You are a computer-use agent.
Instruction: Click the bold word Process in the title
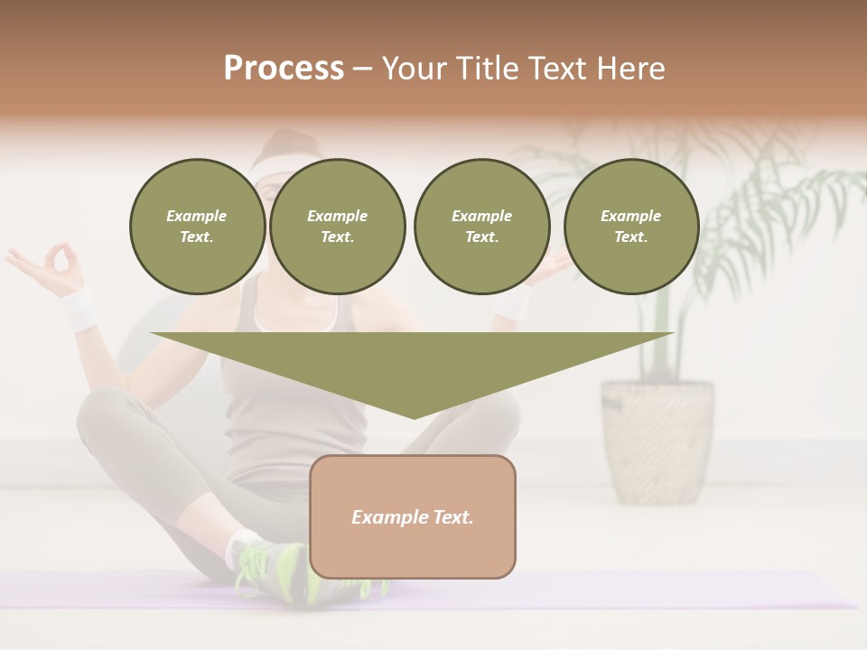284,69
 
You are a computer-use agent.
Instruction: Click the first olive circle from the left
197,227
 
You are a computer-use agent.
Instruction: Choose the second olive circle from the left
337,227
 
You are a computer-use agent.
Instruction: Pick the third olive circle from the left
481,227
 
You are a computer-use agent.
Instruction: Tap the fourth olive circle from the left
630,227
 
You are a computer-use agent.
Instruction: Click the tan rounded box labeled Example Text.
412,516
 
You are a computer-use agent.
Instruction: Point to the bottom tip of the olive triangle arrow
414,417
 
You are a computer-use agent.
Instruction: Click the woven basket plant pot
657,441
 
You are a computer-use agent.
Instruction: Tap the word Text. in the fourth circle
630,237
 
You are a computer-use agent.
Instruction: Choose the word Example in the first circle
197,216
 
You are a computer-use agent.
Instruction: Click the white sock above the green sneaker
239,546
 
